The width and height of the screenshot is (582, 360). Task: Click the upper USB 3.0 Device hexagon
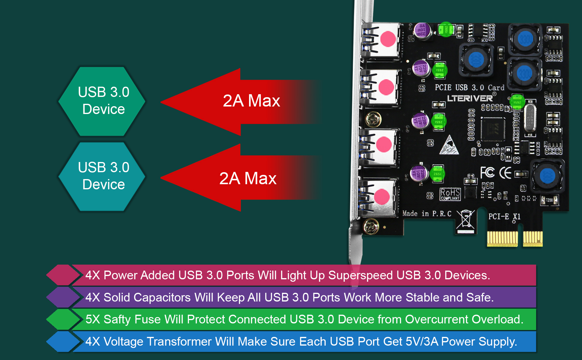102,101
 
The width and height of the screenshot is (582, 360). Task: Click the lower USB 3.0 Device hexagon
102,176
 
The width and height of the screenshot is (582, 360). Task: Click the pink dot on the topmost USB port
388,39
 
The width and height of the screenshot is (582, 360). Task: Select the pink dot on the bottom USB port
382,197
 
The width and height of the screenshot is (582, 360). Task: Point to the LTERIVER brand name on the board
470,98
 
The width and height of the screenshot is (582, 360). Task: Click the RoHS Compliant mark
450,194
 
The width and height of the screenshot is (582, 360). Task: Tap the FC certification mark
487,173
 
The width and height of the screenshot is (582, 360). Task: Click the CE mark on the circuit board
505,173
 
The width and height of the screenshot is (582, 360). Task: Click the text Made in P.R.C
427,214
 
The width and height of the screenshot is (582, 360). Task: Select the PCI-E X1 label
504,216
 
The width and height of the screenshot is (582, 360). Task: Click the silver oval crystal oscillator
530,117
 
